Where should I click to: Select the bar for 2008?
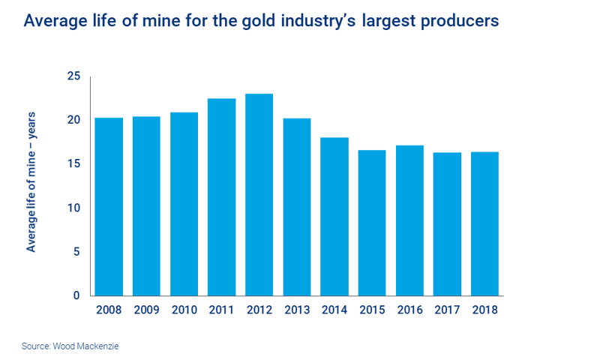tap(109, 206)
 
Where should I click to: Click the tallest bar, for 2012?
tap(259, 194)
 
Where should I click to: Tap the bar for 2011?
tap(222, 196)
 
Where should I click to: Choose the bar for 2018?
tap(484, 223)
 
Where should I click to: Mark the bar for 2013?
tap(297, 206)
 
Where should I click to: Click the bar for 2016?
tap(409, 220)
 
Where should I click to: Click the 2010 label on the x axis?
tap(184, 308)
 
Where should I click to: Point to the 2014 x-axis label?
tap(334, 308)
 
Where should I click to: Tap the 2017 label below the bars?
tap(447, 308)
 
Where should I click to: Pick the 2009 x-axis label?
tap(147, 308)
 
